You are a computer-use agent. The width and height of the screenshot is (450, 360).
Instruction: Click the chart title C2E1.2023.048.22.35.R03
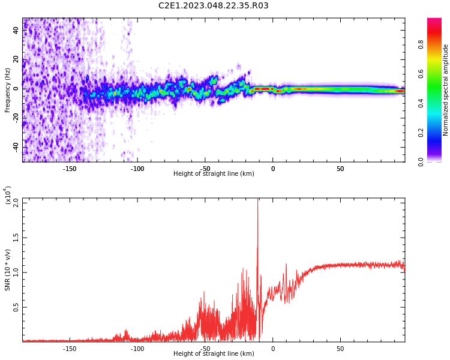[214, 6]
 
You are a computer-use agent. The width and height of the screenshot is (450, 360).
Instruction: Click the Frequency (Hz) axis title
[8, 89]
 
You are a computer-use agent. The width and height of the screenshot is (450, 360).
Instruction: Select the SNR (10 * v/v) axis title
[8, 270]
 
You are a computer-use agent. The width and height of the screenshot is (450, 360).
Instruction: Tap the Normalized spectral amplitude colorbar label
[446, 89]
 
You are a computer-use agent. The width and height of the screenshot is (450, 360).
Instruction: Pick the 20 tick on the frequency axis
[16, 59]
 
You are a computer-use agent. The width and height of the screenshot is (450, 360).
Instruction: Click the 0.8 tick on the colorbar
[421, 44]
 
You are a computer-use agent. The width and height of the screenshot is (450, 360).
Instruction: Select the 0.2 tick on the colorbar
[421, 133]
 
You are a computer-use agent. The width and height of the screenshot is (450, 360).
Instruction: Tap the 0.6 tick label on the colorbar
[421, 74]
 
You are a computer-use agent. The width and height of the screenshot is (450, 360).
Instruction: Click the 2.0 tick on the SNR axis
[16, 202]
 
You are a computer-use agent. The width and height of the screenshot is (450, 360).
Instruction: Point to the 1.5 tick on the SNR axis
[16, 237]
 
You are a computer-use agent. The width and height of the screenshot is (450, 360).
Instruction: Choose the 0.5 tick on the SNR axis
[16, 307]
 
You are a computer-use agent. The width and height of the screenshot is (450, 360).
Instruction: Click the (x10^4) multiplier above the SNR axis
[8, 195]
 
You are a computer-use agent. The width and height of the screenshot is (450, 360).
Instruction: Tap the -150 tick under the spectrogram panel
[69, 169]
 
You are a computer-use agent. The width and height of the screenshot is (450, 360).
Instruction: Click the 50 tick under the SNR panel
[340, 349]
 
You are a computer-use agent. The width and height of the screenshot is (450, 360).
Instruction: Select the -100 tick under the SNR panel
[137, 349]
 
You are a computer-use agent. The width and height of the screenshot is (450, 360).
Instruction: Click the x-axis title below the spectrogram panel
[214, 174]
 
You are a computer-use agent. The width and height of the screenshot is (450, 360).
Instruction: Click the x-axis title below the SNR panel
[214, 354]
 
